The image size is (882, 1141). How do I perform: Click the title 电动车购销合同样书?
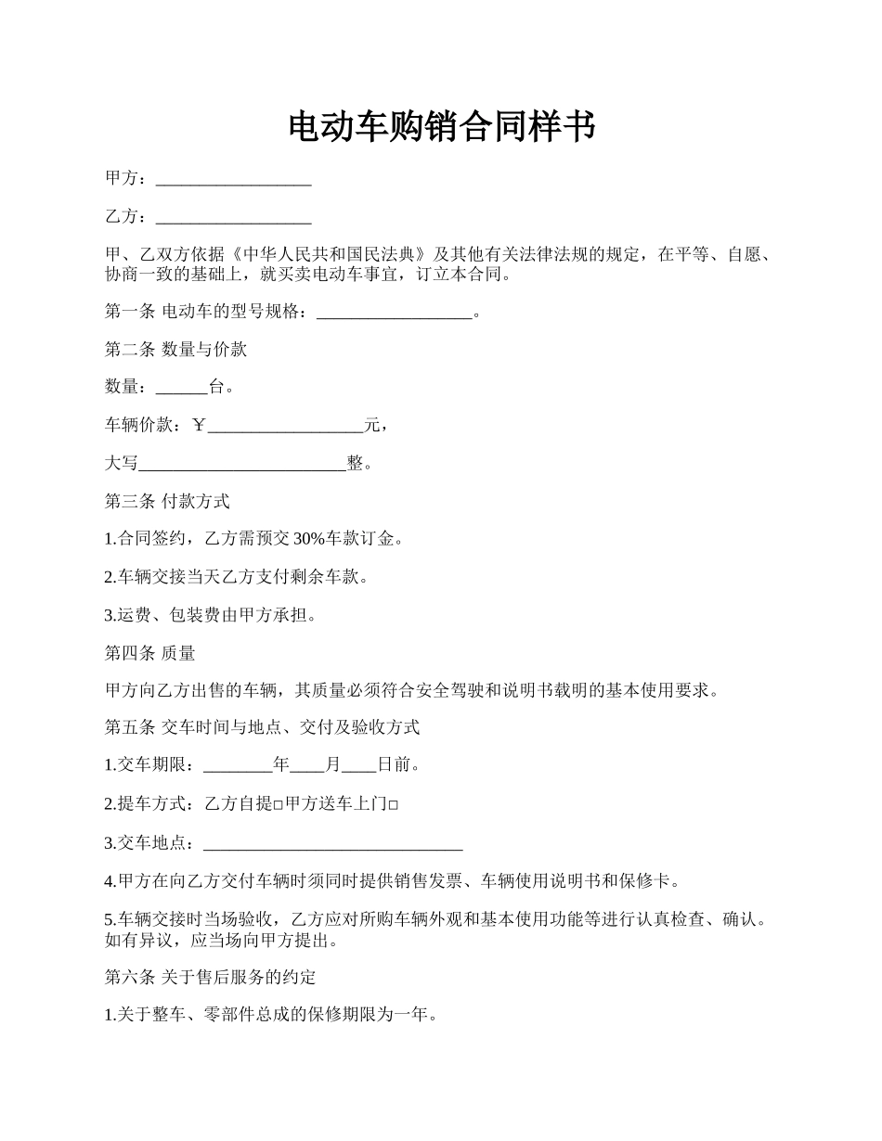441,127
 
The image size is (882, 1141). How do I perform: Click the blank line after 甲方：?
233,179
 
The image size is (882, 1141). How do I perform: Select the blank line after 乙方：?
233,217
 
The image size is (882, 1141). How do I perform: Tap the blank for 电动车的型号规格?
395,313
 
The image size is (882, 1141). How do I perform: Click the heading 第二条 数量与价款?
175,350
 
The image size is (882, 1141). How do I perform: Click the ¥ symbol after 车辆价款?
200,426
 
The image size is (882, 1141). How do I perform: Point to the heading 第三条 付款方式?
167,502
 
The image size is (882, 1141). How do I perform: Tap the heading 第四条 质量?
149,653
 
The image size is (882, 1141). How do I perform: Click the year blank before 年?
238,766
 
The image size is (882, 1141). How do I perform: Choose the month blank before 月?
307,766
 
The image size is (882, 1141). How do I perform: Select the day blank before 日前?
359,766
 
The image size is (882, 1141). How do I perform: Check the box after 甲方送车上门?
394,805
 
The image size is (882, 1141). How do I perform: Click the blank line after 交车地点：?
332,843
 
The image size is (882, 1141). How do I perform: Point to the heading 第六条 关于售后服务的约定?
210,977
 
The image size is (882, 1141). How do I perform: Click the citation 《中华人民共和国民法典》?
324,255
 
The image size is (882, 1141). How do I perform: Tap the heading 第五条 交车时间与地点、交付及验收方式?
262,728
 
